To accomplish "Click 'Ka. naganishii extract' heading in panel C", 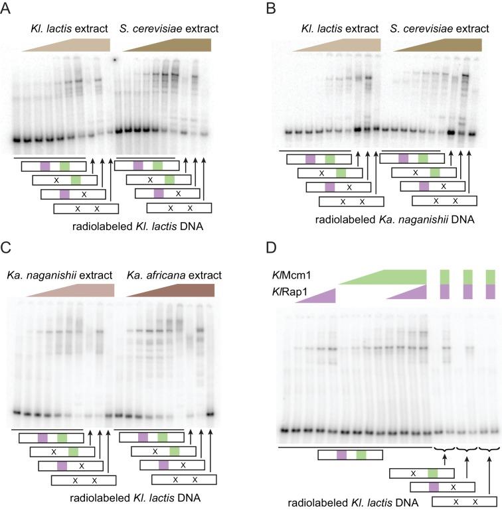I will point(60,275).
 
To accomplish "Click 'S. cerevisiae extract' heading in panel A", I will point(169,29).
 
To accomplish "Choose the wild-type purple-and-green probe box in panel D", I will point(350,455).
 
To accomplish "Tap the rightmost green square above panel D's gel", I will point(491,276).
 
